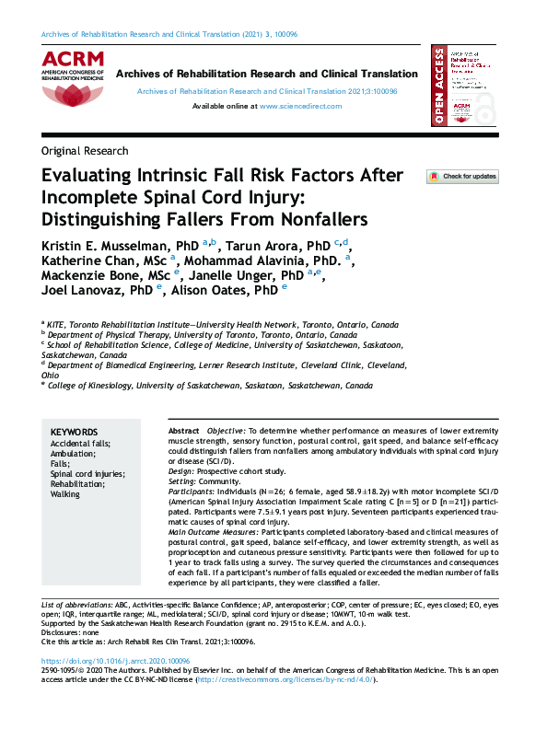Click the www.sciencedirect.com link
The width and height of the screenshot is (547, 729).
click(300, 107)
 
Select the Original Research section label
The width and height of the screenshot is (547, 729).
click(85, 151)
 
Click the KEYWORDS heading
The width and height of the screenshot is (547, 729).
click(74, 432)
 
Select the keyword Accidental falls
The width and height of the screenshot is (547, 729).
click(80, 444)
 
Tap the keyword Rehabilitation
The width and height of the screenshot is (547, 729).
click(79, 484)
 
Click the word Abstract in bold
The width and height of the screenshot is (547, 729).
click(183, 432)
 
